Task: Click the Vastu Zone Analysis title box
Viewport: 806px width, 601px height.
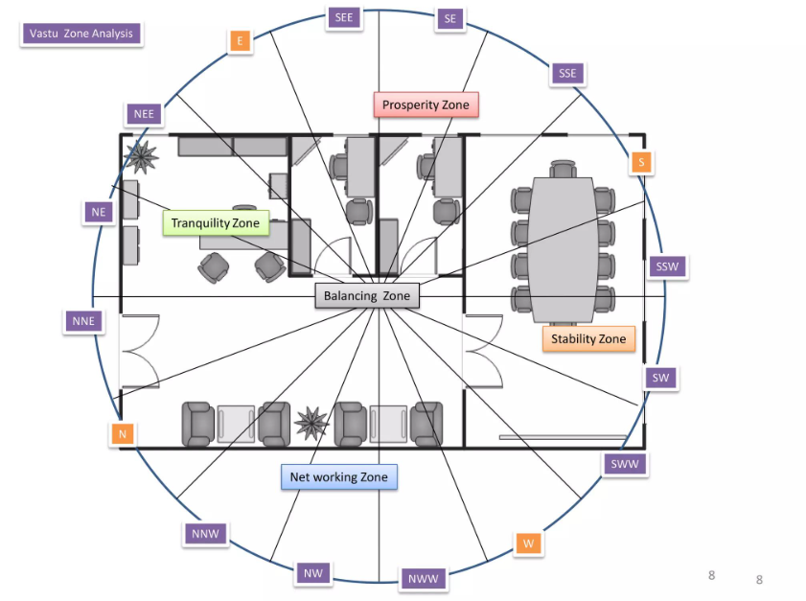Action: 81,34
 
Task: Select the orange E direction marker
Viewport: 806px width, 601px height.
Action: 240,41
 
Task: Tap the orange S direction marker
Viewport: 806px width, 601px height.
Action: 641,162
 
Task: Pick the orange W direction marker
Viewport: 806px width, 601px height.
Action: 528,543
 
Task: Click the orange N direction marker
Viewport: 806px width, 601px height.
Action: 123,434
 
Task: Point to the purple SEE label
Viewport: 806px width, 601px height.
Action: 344,18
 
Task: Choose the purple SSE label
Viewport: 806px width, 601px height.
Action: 567,74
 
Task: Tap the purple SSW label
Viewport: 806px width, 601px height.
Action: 667,266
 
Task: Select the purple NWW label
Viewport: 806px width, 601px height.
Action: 423,579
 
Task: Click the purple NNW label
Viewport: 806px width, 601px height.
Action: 206,534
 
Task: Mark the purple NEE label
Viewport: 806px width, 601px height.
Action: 144,114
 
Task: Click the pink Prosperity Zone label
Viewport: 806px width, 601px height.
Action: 426,104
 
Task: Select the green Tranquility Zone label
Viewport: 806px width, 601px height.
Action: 216,223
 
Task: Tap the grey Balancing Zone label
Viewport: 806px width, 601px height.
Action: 367,296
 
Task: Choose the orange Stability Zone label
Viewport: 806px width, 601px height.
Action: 588,338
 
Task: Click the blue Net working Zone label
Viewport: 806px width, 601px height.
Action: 339,477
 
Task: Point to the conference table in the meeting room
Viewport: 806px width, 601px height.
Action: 563,250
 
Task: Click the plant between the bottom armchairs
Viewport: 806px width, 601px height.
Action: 311,423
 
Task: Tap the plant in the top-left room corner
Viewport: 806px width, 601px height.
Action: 140,157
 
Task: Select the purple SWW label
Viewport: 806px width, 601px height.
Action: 625,464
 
